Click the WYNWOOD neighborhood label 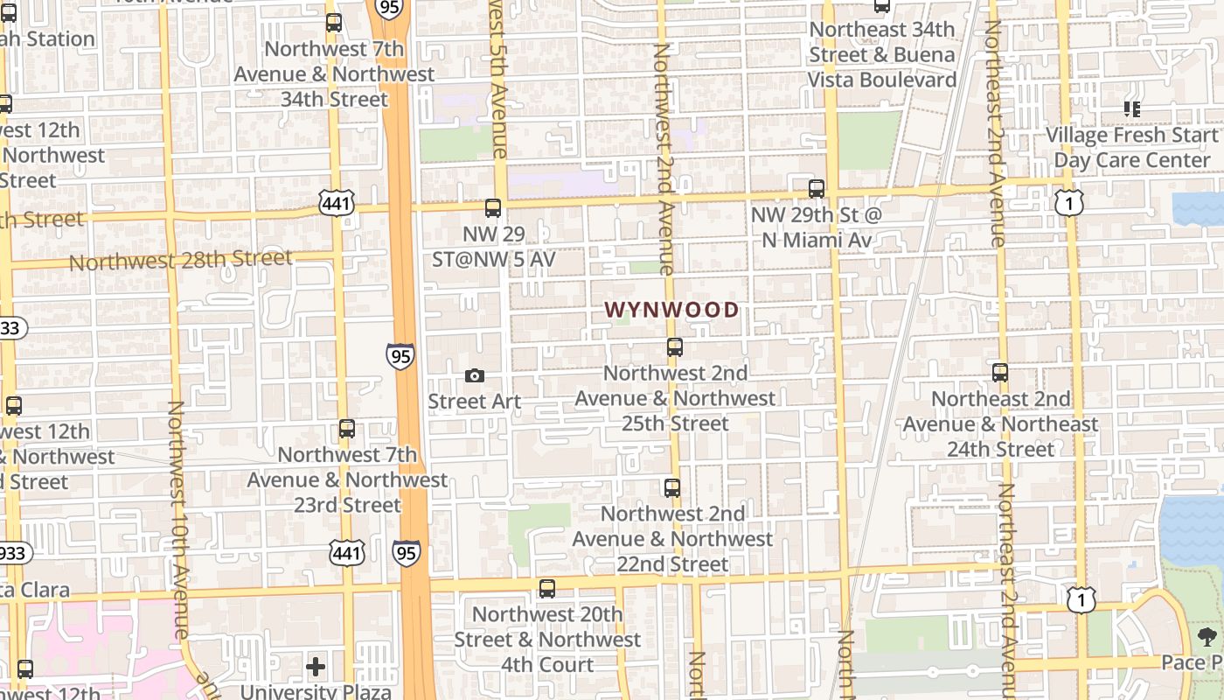[671, 310]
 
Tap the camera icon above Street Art [475, 375]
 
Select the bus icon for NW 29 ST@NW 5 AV [493, 208]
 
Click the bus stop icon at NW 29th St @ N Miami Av [817, 188]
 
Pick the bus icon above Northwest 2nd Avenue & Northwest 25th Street [675, 347]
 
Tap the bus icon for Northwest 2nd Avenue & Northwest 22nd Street [672, 488]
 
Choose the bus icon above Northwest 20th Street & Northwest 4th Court [547, 589]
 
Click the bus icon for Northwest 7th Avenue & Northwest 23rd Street [347, 429]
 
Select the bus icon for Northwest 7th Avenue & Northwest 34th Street [334, 23]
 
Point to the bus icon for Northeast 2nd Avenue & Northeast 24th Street [1000, 373]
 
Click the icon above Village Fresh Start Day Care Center [1132, 109]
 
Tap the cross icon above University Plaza [316, 668]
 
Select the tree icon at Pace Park [1207, 637]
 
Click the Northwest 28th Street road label [180, 260]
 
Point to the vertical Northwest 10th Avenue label [177, 520]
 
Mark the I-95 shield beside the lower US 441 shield [406, 552]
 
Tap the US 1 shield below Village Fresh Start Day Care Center [1069, 202]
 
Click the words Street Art [474, 402]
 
